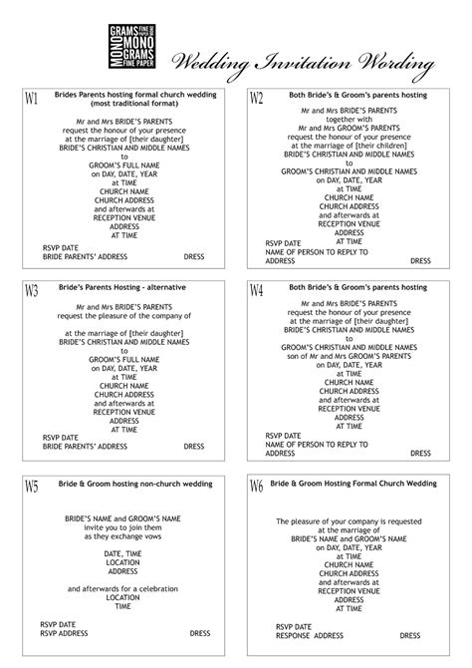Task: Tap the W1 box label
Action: (31, 99)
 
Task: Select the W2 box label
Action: (256, 98)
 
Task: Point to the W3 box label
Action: (31, 291)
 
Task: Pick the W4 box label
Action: (256, 291)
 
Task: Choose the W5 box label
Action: (31, 487)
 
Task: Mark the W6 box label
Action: (256, 487)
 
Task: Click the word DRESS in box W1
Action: (193, 256)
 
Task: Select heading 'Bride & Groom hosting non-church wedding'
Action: (125, 483)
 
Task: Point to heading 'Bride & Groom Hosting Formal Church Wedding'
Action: (354, 483)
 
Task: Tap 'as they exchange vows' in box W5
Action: (123, 535)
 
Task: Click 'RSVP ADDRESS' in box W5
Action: (64, 632)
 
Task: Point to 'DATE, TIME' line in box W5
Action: (123, 553)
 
